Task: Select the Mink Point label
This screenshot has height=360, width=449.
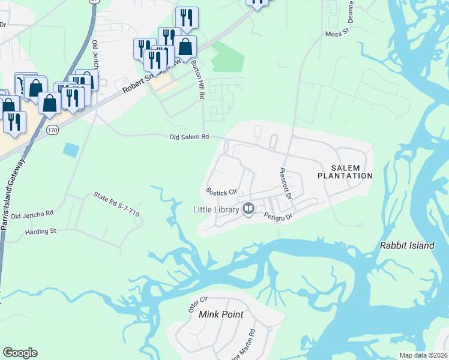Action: (222, 314)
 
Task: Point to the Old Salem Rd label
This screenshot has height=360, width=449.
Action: (189, 137)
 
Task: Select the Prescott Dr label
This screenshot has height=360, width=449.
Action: (285, 184)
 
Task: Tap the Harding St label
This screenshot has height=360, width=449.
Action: (40, 230)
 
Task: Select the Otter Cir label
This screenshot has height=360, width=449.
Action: (197, 304)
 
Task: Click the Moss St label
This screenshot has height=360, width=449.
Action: (337, 34)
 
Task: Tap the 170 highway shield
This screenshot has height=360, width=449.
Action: (53, 130)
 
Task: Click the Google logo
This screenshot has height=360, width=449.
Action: (20, 353)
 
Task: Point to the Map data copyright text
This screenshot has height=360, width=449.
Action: (423, 355)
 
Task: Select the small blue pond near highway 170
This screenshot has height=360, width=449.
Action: (70, 150)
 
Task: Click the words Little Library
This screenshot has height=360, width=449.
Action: (215, 209)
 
